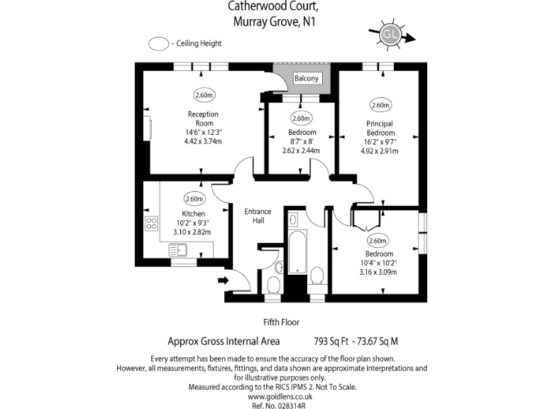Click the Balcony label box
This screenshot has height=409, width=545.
307,78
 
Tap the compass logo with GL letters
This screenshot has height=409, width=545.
389,34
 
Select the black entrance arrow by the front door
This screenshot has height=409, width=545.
224,280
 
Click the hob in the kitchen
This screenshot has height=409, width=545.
152,223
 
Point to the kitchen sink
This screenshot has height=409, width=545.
177,249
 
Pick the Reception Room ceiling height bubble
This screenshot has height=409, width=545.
203,95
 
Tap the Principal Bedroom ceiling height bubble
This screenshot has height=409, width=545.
380,105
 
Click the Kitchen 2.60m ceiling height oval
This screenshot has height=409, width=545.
194,199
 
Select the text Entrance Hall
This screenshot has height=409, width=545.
258,216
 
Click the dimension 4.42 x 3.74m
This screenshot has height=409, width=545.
202,141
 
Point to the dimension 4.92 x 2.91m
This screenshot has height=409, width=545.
378,151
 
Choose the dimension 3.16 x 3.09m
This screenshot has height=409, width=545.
378,271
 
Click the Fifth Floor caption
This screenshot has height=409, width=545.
281,322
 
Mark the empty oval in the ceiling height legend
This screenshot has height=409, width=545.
158,43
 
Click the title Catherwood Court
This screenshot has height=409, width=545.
272,6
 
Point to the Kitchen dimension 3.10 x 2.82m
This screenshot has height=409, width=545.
193,231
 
